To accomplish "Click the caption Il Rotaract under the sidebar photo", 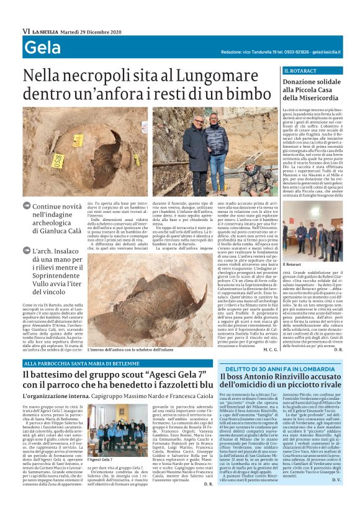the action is pyautogui.click(x=292, y=265).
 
